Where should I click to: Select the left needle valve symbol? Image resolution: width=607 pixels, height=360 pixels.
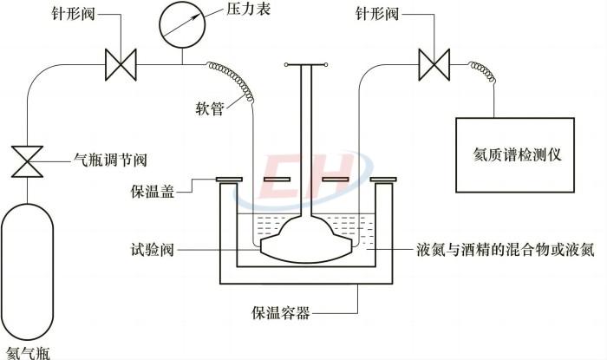[120, 63]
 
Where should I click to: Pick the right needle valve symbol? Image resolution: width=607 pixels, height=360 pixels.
[433, 63]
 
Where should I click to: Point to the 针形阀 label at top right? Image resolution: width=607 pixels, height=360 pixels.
[378, 12]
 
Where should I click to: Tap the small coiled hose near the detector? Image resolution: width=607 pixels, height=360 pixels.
[481, 70]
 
